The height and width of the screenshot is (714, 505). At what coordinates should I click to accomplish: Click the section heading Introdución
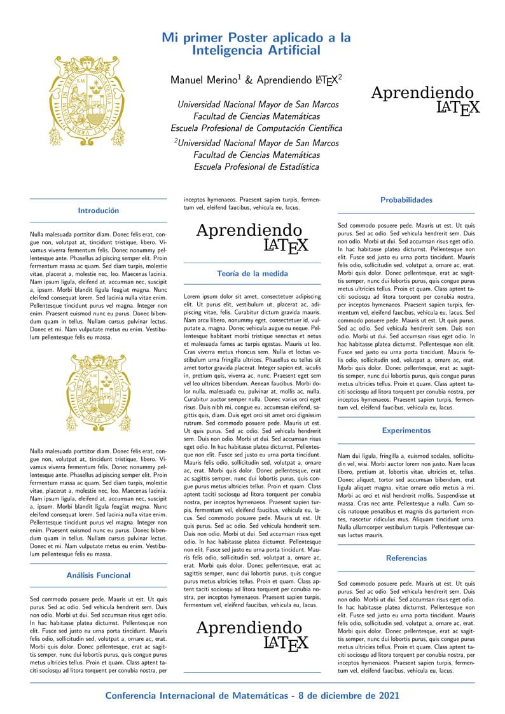pyautogui.click(x=98, y=210)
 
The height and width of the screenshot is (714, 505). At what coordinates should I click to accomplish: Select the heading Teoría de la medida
pyautogui.click(x=252, y=273)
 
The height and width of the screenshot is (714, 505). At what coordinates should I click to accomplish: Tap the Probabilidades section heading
pyautogui.click(x=406, y=200)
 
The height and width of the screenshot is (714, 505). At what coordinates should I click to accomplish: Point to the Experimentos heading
pyautogui.click(x=406, y=430)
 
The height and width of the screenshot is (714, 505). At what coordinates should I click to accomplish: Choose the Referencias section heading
pyautogui.click(x=406, y=558)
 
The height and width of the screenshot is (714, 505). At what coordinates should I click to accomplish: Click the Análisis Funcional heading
pyautogui.click(x=98, y=575)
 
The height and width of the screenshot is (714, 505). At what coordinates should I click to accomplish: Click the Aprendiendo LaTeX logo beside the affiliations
pyautogui.click(x=425, y=100)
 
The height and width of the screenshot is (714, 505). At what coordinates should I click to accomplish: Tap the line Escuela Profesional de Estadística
pyautogui.click(x=256, y=167)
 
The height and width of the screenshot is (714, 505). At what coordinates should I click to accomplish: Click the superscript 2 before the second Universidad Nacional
pyautogui.click(x=176, y=141)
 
